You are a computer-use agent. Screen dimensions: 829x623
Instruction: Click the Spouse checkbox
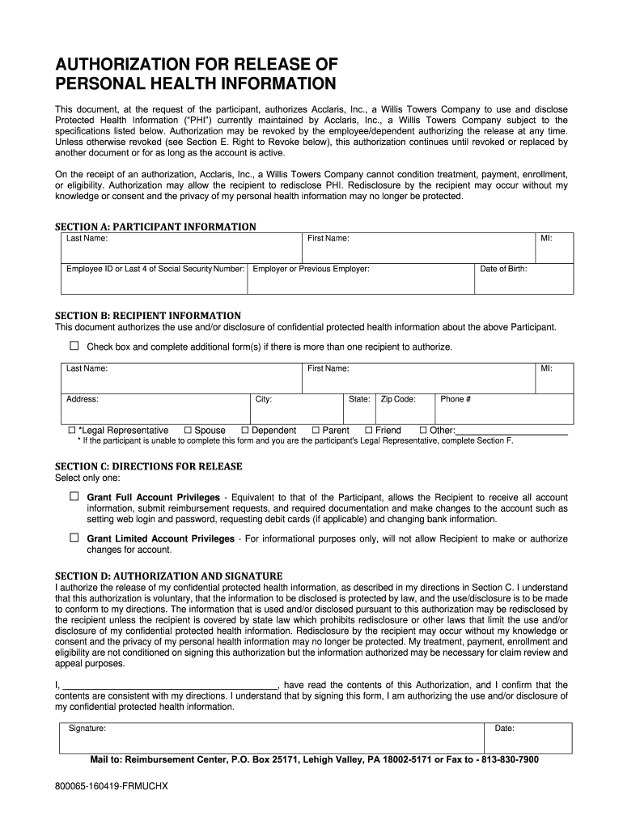pos(188,430)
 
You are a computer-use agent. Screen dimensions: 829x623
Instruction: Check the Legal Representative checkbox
pos(71,430)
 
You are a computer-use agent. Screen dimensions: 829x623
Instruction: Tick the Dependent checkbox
pos(245,430)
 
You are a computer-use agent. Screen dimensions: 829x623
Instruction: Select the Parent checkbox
pos(316,430)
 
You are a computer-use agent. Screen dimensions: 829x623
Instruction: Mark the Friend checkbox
pos(368,430)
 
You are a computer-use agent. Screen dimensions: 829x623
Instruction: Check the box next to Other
pos(422,430)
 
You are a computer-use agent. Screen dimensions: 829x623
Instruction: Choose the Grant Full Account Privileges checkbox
pos(74,495)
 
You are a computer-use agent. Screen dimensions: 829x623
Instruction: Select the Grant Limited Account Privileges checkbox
pos(74,538)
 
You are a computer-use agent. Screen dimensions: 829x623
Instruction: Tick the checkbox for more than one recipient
pos(74,346)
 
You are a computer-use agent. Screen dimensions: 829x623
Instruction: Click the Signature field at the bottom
pos(275,740)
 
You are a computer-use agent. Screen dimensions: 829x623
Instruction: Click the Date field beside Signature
pos(530,740)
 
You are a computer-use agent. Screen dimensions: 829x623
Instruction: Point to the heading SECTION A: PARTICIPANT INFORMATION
pos(155,227)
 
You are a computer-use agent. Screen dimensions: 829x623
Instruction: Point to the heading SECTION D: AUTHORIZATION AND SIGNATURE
pos(168,575)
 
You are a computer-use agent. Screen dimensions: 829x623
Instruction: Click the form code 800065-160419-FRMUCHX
pos(111,786)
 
